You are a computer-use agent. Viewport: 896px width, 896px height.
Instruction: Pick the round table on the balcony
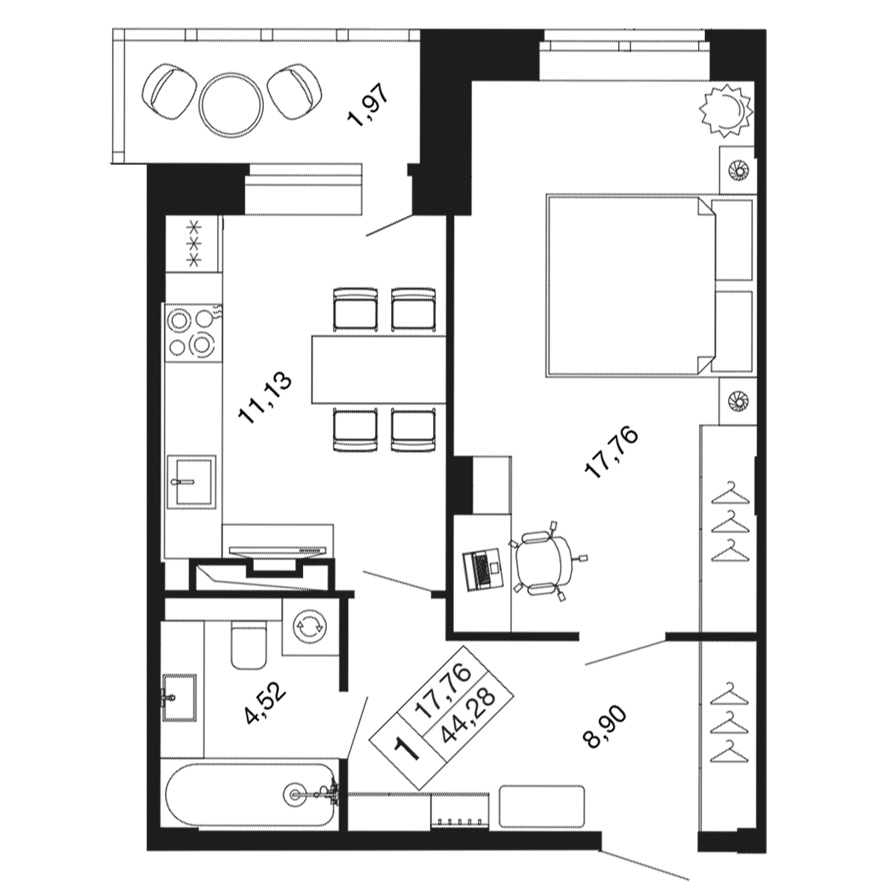pyautogui.click(x=231, y=104)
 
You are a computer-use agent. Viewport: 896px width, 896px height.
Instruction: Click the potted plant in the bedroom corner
pyautogui.click(x=726, y=110)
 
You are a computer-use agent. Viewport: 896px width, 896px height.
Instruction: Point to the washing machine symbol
pyautogui.click(x=308, y=627)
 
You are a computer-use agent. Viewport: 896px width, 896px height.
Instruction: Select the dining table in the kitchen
pyautogui.click(x=379, y=369)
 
